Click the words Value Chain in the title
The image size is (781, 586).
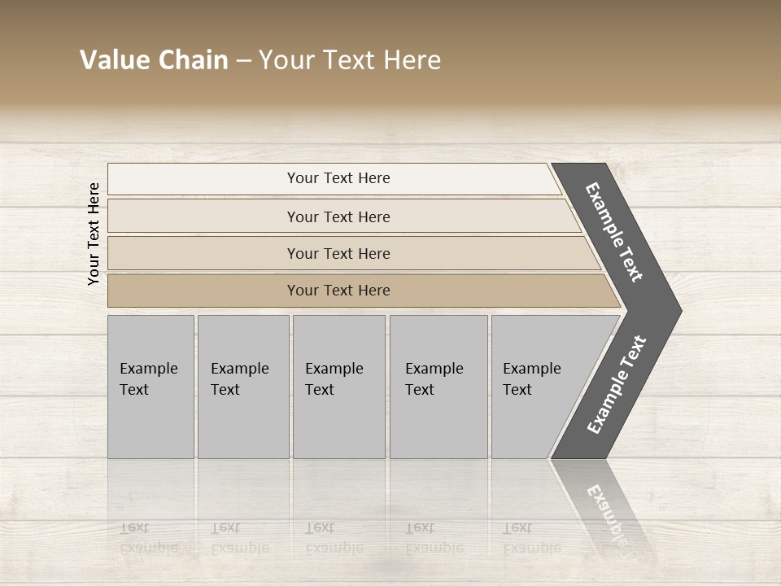click(x=154, y=60)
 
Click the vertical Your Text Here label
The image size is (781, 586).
click(x=94, y=234)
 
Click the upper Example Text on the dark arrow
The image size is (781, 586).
click(x=614, y=233)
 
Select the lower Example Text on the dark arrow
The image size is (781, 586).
click(x=617, y=385)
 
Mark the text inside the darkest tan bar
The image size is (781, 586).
click(x=338, y=291)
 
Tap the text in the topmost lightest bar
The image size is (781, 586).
click(x=338, y=178)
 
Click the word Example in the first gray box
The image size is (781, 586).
click(x=148, y=369)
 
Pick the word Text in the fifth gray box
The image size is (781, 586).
click(x=517, y=390)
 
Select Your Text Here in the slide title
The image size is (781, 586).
click(x=350, y=60)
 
